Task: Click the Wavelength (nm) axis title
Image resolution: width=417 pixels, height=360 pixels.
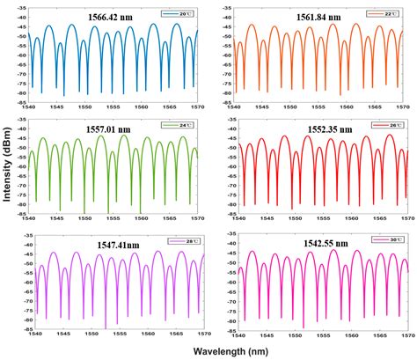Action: pos(224,351)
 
